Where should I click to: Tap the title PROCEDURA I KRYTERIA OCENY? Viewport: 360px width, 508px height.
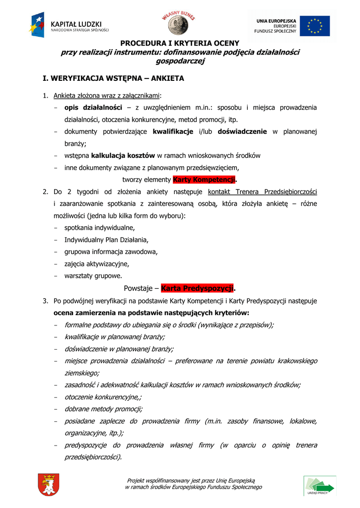(180, 43)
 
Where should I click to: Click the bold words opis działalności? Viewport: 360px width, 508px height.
(93, 108)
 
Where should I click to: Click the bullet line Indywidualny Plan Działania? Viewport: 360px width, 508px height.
(106, 240)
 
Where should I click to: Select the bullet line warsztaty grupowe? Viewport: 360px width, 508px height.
(93, 275)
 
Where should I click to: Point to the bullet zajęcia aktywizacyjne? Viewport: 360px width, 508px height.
(97, 263)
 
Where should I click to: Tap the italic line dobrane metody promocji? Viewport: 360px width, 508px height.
(103, 409)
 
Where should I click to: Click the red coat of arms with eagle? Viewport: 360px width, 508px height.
(48, 485)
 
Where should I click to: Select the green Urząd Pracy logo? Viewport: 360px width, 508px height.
(319, 486)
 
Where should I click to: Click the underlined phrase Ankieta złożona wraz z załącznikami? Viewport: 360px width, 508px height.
(107, 95)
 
